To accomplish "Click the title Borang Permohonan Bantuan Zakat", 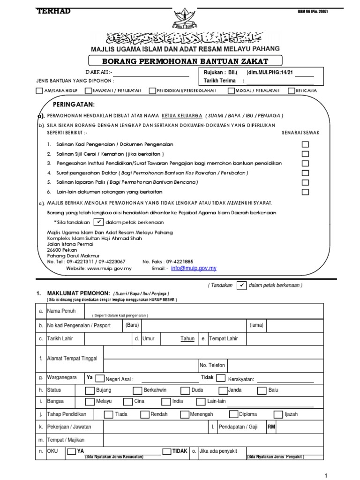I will point(186,61).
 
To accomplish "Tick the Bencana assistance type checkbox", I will point(291,90).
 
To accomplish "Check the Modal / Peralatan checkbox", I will point(232,90).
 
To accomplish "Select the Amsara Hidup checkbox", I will point(38,90).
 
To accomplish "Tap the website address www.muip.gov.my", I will point(109,269).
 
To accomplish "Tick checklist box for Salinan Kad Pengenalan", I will point(305,144).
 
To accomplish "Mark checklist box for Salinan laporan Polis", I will point(305,182).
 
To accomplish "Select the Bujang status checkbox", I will point(89,390).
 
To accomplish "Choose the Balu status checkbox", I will point(261,390).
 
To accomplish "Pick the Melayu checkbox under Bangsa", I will point(89,402).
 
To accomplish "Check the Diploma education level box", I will point(233,414).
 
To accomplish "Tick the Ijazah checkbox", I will point(277,414).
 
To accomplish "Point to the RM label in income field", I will point(271,427).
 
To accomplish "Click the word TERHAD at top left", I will point(53,11).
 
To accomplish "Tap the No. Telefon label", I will point(212,365).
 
